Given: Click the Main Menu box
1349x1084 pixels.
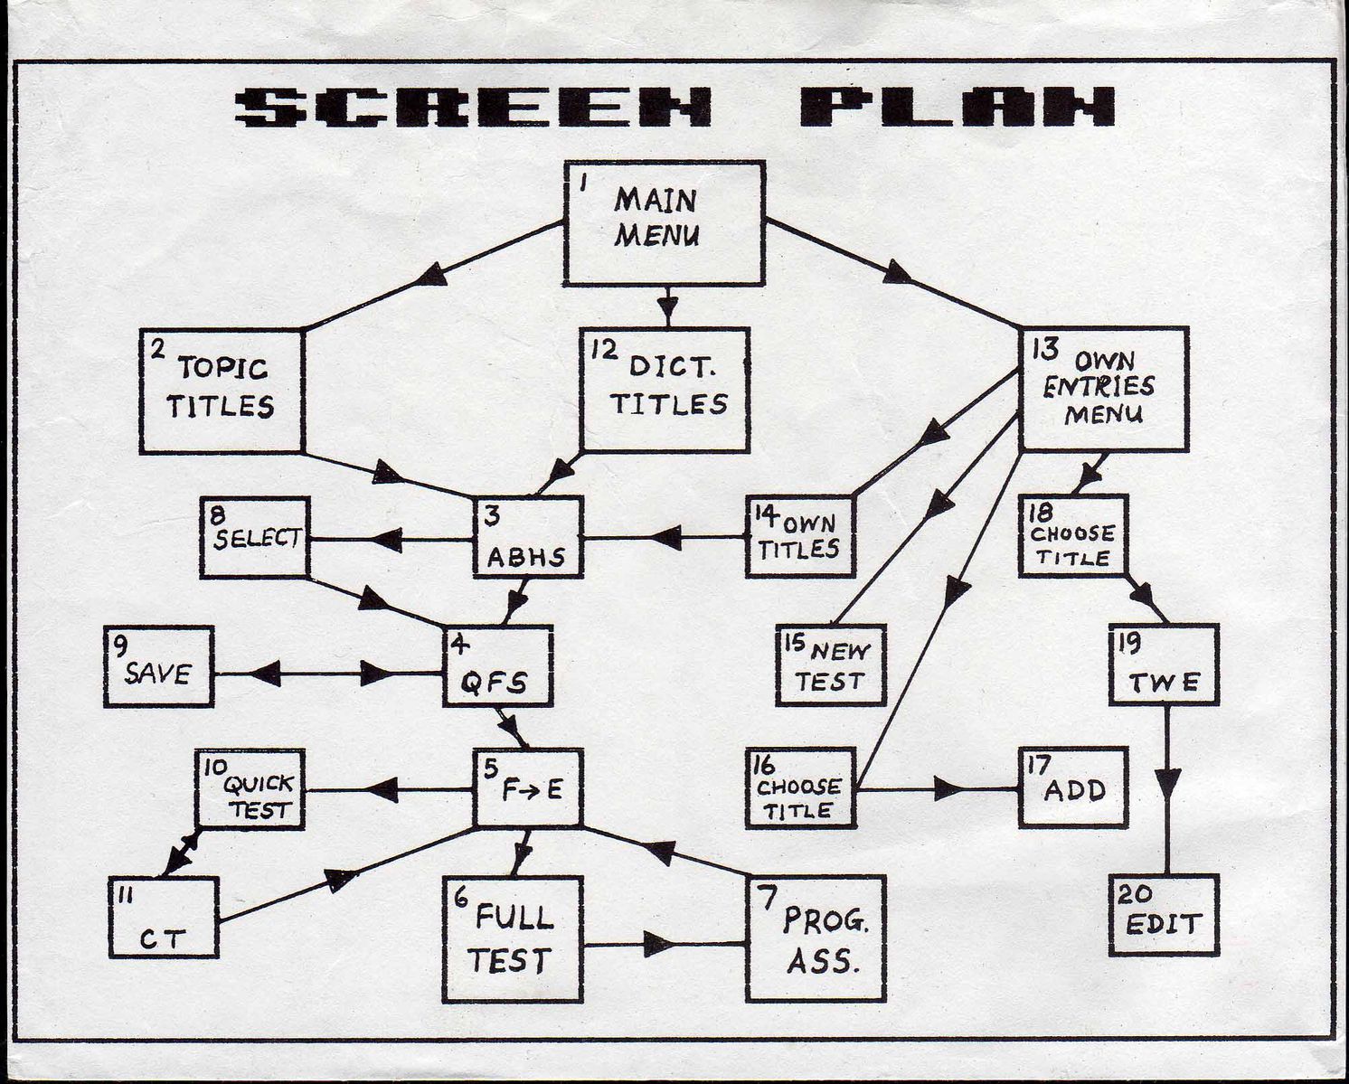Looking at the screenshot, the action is pos(665,223).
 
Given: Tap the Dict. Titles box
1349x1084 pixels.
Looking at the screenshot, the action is pos(665,390).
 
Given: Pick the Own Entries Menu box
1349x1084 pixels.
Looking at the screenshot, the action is pos(1103,389).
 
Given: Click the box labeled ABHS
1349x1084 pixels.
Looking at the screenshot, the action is pos(528,536).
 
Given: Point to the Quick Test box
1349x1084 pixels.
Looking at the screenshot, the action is pos(250,789).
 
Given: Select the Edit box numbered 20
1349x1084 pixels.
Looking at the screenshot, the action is pos(1164,915).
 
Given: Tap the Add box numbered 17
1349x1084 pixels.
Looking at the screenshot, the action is pos(1072,787).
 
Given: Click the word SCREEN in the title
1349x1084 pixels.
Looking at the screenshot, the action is pos(475,108).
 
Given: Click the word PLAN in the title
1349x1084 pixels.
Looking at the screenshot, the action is pos(957,107).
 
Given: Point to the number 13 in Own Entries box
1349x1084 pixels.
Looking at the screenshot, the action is pos(1045,349).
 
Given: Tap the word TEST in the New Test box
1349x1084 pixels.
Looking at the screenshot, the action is pos(830,682).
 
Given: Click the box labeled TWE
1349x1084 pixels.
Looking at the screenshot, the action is pos(1164,665).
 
